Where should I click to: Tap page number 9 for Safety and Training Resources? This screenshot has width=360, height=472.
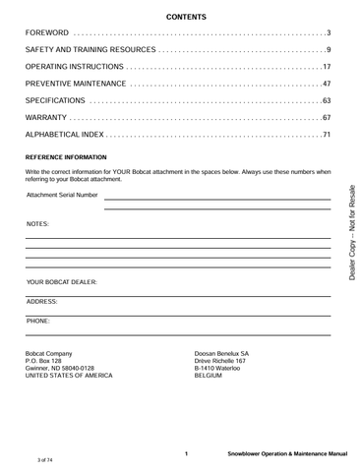pyautogui.click(x=328, y=50)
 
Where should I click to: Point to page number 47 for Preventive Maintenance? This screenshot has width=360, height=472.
pyautogui.click(x=326, y=84)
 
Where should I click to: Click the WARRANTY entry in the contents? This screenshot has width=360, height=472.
pyautogui.click(x=47, y=117)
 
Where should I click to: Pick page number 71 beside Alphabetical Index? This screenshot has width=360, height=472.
pyautogui.click(x=326, y=134)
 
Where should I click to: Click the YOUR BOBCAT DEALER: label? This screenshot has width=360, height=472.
pyautogui.click(x=61, y=282)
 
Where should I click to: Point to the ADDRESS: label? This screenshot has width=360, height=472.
pyautogui.click(x=42, y=301)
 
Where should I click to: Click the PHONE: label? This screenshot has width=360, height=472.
pyautogui.click(x=38, y=321)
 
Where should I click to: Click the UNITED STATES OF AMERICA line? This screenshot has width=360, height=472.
pyautogui.click(x=69, y=376)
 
